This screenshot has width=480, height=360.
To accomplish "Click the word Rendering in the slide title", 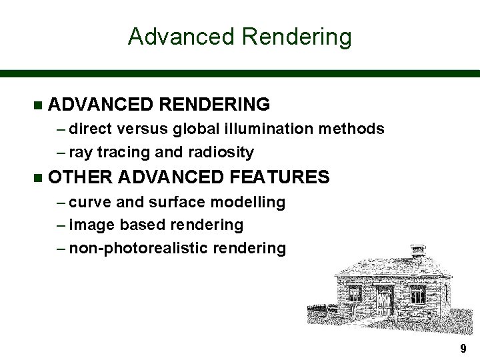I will tap(297, 37).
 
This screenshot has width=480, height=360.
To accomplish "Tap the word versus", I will tap(147, 128).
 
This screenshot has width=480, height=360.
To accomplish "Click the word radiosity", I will tap(221, 152).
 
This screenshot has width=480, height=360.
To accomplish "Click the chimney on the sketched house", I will tap(418, 252).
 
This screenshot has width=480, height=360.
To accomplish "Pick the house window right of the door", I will tap(417, 294).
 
